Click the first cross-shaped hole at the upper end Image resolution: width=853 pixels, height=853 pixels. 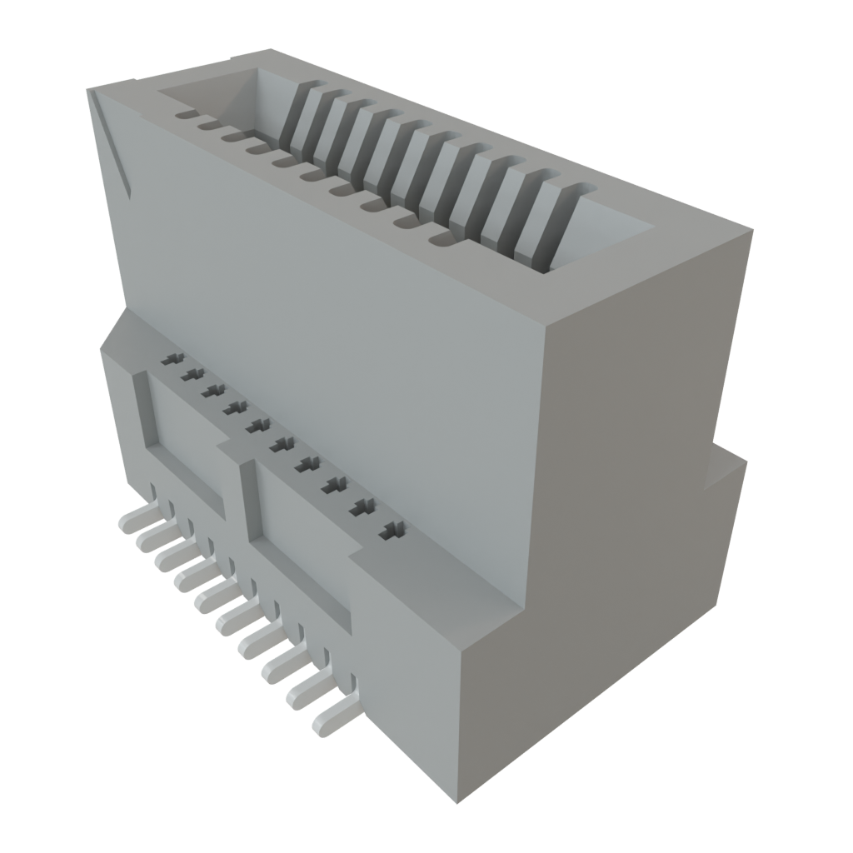172,359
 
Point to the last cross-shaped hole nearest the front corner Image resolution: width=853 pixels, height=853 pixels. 392,529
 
